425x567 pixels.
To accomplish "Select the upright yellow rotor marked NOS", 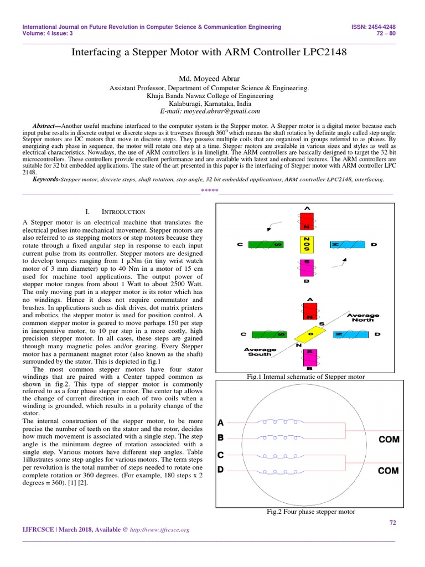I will tap(307, 244).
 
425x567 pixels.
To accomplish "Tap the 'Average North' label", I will tap(360, 317).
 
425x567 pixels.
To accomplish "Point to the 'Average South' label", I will tap(260, 352).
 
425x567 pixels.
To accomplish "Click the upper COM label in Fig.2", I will tap(388, 440).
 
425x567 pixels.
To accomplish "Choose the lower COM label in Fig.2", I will tap(388, 471).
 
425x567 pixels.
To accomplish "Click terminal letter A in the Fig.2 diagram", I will tap(220, 423).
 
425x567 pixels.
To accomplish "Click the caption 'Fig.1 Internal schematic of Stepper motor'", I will tap(305, 377).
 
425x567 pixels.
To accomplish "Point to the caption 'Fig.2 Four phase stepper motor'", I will tap(310, 512).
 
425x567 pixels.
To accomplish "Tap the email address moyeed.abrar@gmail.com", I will tap(212, 111).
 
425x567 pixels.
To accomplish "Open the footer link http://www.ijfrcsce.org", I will tap(160, 530).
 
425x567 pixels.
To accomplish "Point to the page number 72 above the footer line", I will tap(393, 523).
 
